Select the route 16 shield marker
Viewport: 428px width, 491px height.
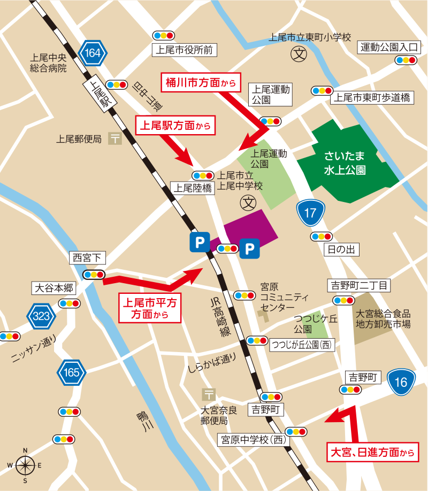[401, 382]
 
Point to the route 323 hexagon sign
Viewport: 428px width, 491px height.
[41, 316]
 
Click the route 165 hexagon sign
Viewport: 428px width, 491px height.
[71, 372]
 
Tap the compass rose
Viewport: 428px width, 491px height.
[25, 465]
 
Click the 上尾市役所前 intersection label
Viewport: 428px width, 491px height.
[184, 50]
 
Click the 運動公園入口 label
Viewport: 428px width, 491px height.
[388, 48]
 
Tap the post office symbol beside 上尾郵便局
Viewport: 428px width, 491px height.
[114, 139]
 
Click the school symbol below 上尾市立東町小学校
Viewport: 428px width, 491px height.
[298, 53]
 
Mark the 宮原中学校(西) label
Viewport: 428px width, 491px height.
[253, 440]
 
